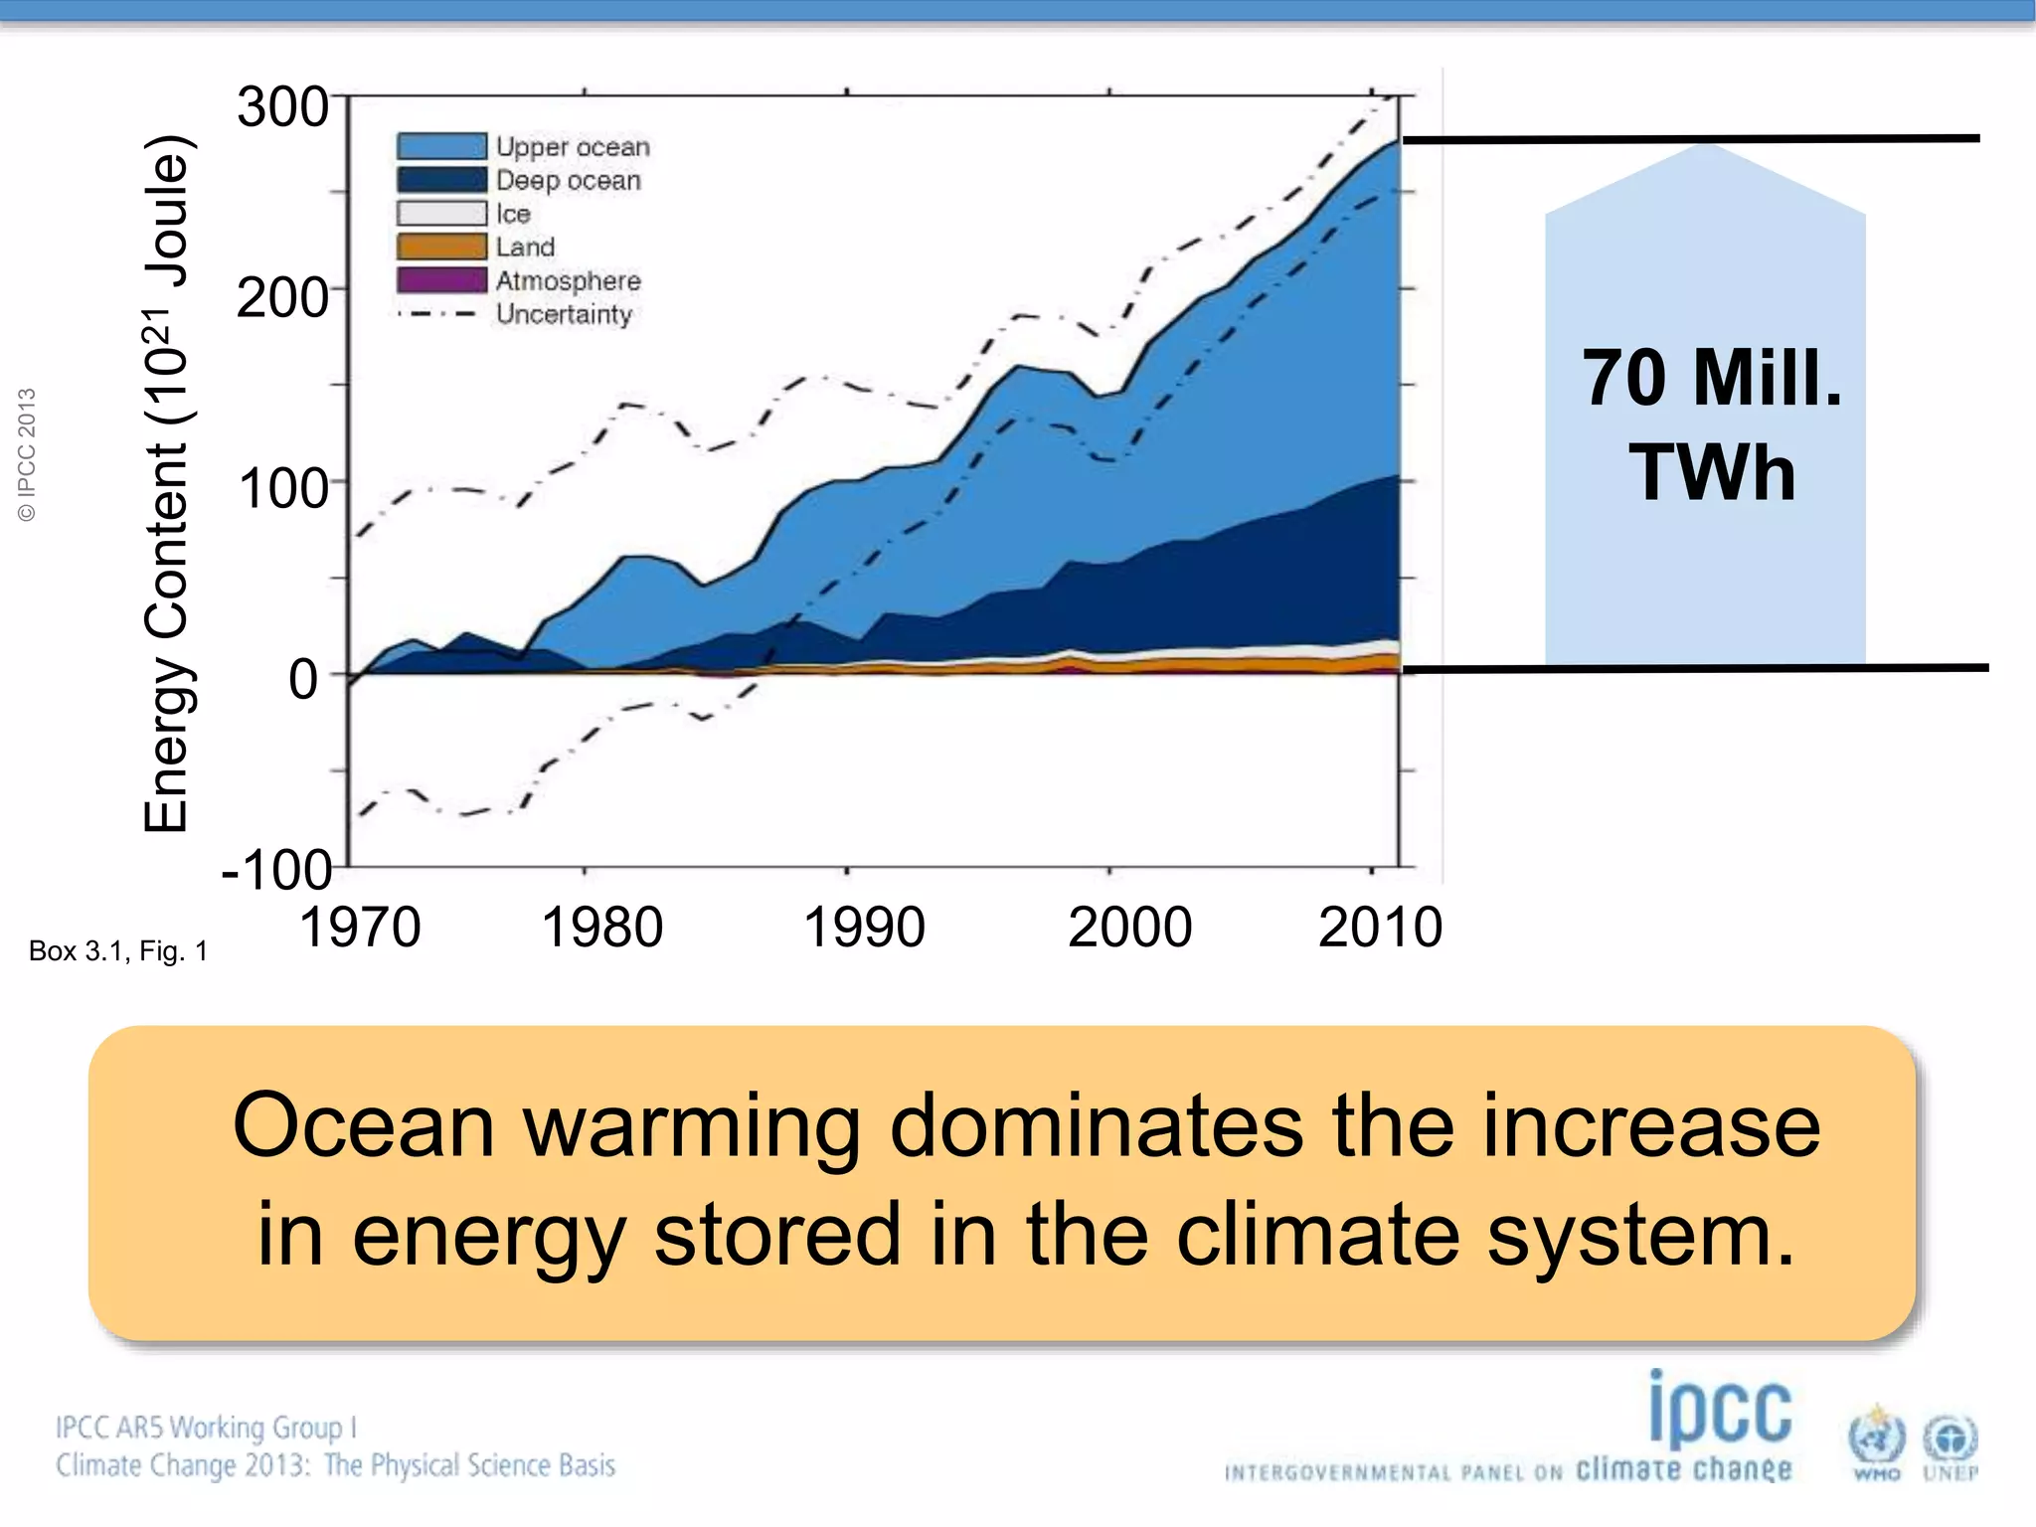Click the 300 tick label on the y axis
pos(282,107)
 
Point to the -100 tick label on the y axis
pos(276,871)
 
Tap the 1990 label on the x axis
pos(863,928)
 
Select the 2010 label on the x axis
pos(1380,928)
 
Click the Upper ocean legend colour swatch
pos(441,146)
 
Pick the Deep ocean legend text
pos(569,181)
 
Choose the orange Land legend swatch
pos(441,247)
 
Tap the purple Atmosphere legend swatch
pos(441,280)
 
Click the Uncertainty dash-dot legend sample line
pos(437,314)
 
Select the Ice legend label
pos(513,214)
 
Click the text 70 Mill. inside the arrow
pos(1712,379)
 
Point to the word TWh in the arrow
pos(1712,472)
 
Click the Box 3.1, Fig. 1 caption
pos(118,951)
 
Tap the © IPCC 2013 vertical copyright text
pos(27,454)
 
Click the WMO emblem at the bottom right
pos(1876,1442)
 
